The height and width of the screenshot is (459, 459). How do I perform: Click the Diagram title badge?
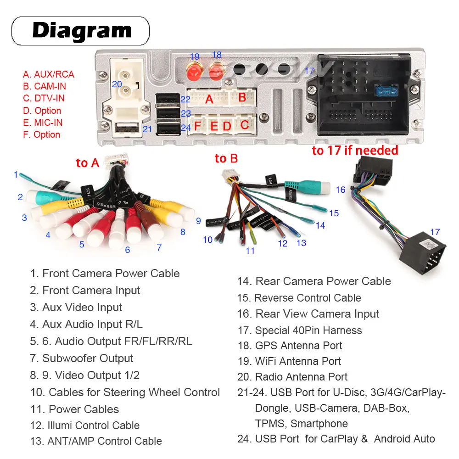(81, 31)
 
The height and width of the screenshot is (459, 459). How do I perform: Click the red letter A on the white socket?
(209, 99)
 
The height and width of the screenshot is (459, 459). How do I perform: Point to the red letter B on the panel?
(242, 97)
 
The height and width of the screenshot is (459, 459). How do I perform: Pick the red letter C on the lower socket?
(245, 124)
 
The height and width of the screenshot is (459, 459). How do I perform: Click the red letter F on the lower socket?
(198, 125)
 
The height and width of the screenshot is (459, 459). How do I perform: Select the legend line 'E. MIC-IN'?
(43, 123)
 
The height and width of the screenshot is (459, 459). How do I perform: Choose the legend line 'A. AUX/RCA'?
(48, 74)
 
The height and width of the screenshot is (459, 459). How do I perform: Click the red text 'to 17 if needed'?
(355, 150)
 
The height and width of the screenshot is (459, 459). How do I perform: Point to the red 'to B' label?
(226, 159)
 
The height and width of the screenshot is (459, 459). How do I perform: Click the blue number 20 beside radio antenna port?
(117, 84)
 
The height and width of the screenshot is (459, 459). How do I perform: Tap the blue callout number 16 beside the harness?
(340, 190)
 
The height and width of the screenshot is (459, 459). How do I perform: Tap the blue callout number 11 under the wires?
(250, 251)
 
